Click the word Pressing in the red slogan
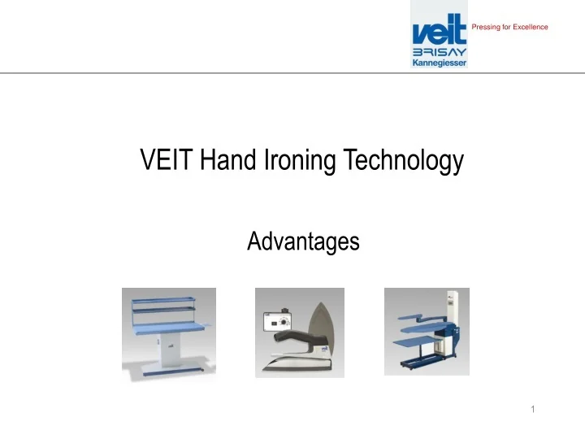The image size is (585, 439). point(484,28)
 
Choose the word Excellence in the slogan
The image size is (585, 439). point(530,28)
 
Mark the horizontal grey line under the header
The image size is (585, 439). point(292,73)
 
